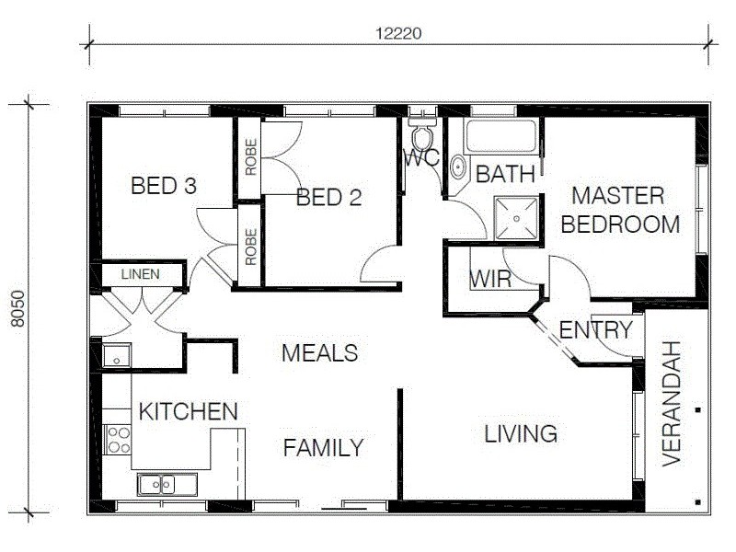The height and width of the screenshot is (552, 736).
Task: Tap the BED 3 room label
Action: point(164,186)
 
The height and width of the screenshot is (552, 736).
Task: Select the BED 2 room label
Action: point(328,197)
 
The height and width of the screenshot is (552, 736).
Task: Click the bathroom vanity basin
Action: point(457,167)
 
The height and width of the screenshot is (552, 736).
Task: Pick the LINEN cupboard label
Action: point(139,274)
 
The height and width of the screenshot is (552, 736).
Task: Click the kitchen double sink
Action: point(162,483)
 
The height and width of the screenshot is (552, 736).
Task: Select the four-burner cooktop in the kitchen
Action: point(118,439)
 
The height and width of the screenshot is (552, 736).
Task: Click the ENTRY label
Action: point(595,330)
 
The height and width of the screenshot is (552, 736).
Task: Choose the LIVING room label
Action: point(521,433)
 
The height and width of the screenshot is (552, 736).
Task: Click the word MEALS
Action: point(319,352)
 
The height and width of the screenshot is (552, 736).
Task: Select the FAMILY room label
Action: point(322,448)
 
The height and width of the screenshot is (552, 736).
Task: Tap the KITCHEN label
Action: point(188,411)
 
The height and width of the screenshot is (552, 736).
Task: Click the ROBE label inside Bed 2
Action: point(250,157)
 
